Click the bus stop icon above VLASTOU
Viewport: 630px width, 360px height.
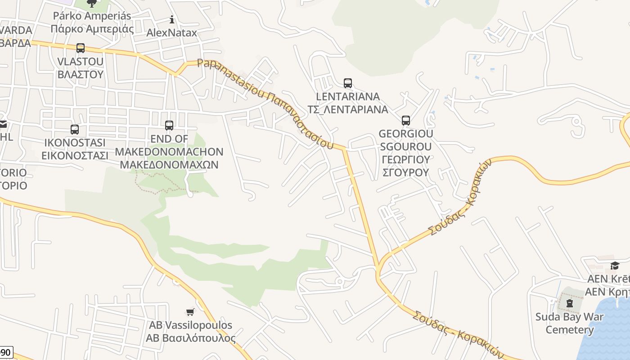(81, 48)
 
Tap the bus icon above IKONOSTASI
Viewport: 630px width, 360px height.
(75, 130)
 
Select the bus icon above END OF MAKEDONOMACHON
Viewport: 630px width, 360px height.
(169, 126)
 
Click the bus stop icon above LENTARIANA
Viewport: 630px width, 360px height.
(348, 83)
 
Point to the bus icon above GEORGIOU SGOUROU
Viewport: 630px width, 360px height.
(406, 121)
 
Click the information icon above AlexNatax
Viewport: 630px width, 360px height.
(172, 19)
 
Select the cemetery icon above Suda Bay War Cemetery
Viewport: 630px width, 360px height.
(570, 303)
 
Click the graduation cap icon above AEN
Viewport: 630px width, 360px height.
(615, 265)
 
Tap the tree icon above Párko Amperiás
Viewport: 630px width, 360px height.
(92, 4)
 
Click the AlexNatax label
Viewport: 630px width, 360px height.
(172, 33)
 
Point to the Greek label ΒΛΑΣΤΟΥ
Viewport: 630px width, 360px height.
(81, 74)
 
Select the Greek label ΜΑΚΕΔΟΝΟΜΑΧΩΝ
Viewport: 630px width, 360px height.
(169, 164)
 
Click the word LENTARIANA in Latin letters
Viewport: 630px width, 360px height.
(348, 97)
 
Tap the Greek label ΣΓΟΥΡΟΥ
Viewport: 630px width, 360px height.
(406, 172)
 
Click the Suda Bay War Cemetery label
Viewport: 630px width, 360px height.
(570, 323)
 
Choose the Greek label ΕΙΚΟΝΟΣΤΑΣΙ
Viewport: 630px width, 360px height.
(75, 156)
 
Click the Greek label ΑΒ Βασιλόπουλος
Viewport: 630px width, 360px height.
(190, 338)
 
